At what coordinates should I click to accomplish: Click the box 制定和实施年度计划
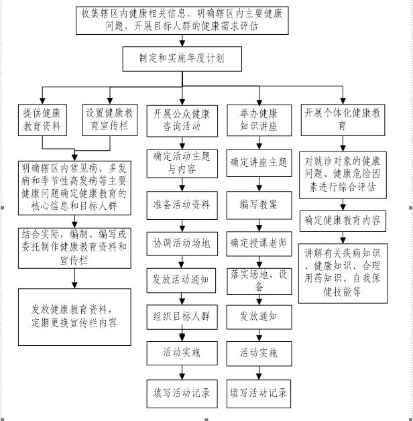[x=182, y=59]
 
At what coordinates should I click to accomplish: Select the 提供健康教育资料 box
[x=42, y=120]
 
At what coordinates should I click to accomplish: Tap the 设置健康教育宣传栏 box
[x=110, y=120]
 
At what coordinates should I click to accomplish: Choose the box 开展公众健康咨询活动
[x=182, y=121]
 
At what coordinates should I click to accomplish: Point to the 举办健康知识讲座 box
[x=259, y=120]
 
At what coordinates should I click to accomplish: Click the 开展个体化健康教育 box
[x=343, y=120]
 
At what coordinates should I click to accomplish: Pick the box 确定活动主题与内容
[x=182, y=164]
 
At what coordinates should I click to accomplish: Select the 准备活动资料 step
[x=182, y=205]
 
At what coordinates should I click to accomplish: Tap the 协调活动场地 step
[x=182, y=243]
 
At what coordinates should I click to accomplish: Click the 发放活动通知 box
[x=181, y=280]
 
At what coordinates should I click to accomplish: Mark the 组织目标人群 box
[x=182, y=317]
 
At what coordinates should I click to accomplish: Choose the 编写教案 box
[x=259, y=205]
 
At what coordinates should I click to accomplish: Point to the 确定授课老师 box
[x=259, y=243]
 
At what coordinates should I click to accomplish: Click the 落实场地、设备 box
[x=259, y=281]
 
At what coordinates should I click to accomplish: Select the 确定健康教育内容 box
[x=343, y=221]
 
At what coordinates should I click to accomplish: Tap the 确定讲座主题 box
[x=259, y=163]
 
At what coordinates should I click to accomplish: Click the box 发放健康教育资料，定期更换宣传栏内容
[x=74, y=317]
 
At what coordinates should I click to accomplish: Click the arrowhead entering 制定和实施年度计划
[x=182, y=44]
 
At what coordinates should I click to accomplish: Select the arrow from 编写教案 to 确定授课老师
[x=259, y=225]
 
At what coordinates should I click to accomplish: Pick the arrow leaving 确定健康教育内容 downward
[x=343, y=237]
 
